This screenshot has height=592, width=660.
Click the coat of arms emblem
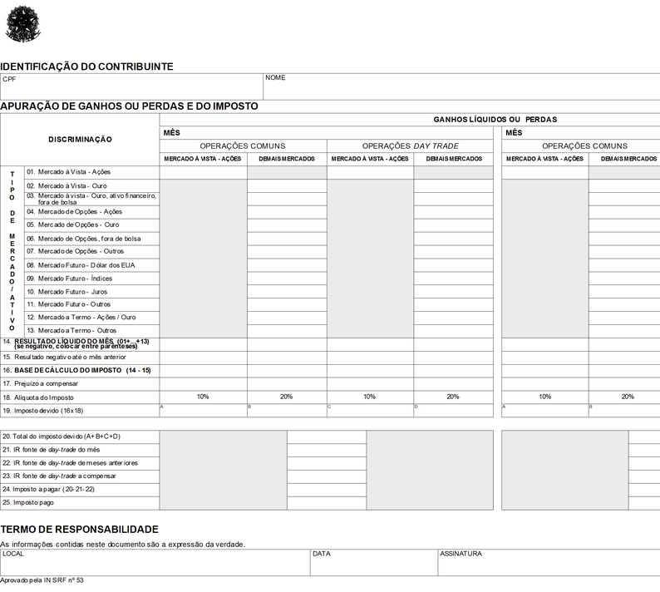click(22, 22)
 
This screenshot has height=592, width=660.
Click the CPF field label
click(9, 79)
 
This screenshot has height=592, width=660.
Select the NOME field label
click(275, 78)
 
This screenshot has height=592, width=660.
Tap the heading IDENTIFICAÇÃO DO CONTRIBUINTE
click(86, 66)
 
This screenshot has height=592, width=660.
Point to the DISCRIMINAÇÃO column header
click(80, 139)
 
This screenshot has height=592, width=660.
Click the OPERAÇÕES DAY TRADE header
click(410, 146)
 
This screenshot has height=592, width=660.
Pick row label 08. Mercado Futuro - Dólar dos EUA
click(80, 265)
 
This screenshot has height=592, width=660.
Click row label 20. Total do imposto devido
click(62, 437)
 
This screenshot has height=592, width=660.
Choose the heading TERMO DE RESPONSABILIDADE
click(79, 529)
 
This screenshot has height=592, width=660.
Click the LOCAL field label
click(13, 553)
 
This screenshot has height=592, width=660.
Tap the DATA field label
click(322, 553)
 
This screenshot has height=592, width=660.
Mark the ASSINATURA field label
click(461, 553)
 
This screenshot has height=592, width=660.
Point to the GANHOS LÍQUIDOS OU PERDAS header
click(495, 120)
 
